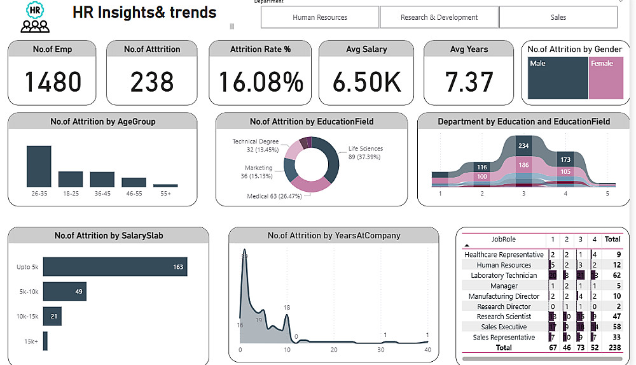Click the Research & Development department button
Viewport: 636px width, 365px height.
439,17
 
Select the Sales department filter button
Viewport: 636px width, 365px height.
558,17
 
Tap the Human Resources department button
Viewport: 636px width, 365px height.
320,17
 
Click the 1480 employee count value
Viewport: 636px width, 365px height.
53,82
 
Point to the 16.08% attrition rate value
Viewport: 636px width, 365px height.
261,82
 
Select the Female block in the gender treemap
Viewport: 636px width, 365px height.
605,78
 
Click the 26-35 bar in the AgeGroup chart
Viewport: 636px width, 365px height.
39,166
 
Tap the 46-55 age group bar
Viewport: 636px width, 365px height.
134,182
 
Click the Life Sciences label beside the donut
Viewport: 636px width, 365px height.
366,149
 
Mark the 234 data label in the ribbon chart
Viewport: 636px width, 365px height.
523,146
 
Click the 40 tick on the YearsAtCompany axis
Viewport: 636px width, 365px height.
427,350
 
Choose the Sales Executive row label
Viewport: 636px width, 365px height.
503,327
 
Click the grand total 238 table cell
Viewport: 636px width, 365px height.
612,348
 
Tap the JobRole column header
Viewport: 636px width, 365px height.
504,240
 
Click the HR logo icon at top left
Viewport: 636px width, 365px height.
35,17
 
